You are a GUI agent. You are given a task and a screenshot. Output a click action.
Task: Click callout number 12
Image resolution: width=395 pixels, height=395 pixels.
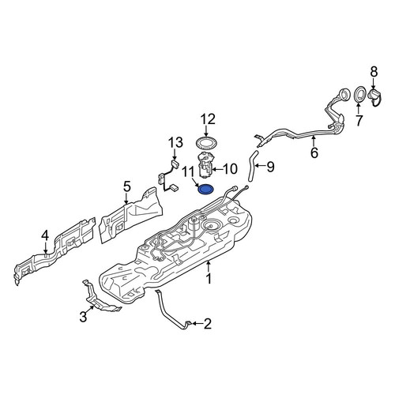208,119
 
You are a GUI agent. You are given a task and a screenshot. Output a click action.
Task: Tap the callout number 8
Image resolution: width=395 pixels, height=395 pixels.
374,72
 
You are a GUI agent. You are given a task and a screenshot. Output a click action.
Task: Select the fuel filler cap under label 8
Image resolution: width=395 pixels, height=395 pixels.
376,98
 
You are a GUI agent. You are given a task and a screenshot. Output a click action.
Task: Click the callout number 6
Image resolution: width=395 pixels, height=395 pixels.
314,152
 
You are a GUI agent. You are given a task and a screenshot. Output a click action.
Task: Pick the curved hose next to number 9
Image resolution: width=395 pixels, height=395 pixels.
252,166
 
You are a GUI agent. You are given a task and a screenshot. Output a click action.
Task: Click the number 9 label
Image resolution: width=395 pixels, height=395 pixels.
270,167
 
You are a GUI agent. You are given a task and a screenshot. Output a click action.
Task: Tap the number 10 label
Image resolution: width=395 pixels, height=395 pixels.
230,169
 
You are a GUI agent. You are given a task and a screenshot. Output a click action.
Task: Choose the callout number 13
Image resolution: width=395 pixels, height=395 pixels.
175,143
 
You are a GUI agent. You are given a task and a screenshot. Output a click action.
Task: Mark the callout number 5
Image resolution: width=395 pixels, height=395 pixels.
126,187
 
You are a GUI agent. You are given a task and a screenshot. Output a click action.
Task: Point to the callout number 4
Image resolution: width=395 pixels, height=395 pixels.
45,235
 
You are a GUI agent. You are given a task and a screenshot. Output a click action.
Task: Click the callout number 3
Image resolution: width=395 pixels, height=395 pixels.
83,317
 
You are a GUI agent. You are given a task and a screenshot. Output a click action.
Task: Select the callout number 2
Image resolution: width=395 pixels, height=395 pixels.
208,324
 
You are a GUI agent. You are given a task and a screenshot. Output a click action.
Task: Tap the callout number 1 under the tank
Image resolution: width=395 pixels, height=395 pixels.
209,279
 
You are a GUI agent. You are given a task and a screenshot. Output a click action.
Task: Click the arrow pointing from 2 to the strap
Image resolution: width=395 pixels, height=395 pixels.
197,323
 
